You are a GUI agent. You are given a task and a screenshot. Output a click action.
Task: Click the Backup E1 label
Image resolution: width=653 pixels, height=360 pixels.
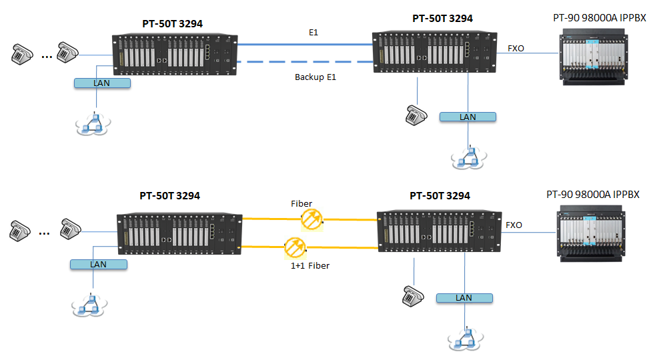315,77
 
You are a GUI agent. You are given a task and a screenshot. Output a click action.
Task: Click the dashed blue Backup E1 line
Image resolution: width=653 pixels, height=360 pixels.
307,62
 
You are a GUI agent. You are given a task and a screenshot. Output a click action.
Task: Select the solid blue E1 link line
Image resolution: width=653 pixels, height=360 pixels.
307,44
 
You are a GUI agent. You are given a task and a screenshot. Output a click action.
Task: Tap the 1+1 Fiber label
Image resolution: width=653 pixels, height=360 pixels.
310,265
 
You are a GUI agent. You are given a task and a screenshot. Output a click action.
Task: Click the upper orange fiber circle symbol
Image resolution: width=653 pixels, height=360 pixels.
311,218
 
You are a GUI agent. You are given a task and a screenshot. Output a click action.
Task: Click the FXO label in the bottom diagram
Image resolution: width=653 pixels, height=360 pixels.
514,225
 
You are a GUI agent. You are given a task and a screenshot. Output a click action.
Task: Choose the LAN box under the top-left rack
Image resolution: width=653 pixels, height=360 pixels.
102,83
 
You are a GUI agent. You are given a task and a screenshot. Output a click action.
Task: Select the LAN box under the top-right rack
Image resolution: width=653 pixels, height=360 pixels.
468,117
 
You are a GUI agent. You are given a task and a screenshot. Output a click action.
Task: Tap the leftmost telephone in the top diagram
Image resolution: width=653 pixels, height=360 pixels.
23,55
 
